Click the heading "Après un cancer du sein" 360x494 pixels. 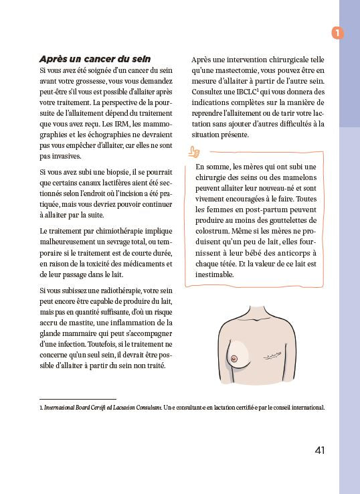click(x=94, y=59)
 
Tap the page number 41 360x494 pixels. click(x=319, y=450)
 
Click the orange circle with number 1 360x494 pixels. click(x=338, y=32)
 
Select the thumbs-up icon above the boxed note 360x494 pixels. click(x=195, y=152)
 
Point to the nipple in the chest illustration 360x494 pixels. click(x=234, y=358)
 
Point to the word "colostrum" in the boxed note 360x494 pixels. click(x=215, y=232)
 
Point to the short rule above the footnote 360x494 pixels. click(x=78, y=398)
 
